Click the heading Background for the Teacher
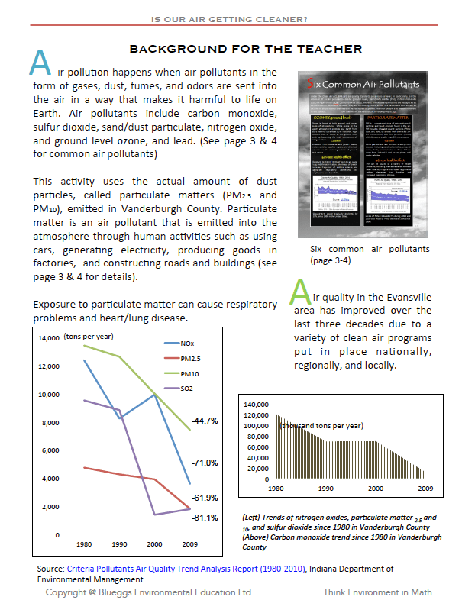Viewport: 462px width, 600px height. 245,50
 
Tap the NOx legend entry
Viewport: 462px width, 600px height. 202,344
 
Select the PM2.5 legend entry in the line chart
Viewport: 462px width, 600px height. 205,358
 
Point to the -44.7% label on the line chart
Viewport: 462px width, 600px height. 205,421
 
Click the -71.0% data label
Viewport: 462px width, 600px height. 205,463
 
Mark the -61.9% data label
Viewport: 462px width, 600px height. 205,498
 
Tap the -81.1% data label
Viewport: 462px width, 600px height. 205,518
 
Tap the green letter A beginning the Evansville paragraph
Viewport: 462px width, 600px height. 301,294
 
